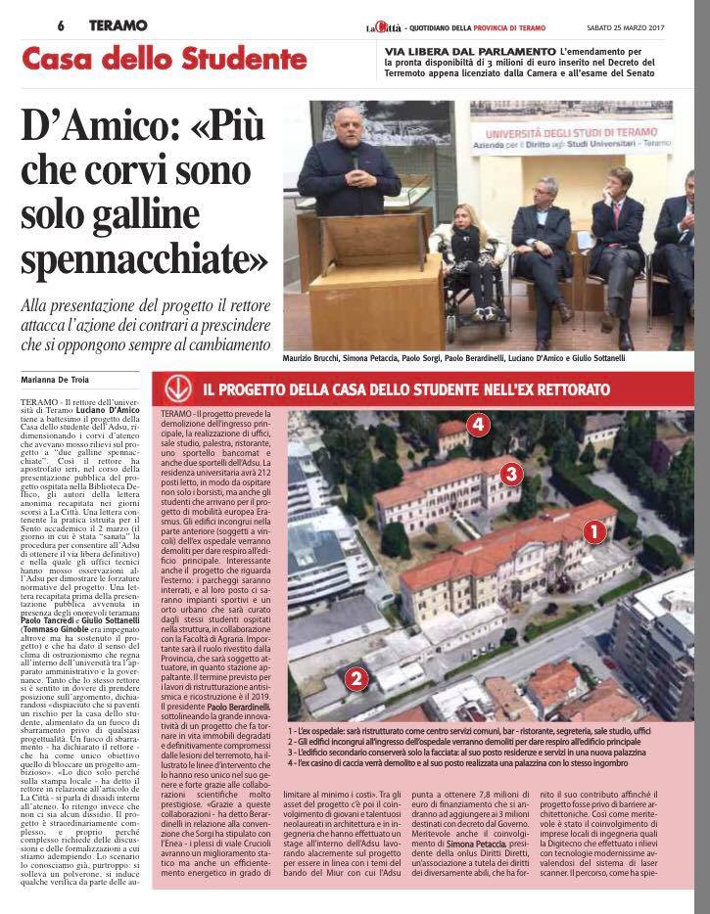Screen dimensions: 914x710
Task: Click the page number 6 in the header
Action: (x=61, y=26)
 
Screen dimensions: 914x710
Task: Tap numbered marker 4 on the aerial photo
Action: (x=477, y=425)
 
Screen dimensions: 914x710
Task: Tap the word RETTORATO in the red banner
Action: (x=569, y=389)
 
